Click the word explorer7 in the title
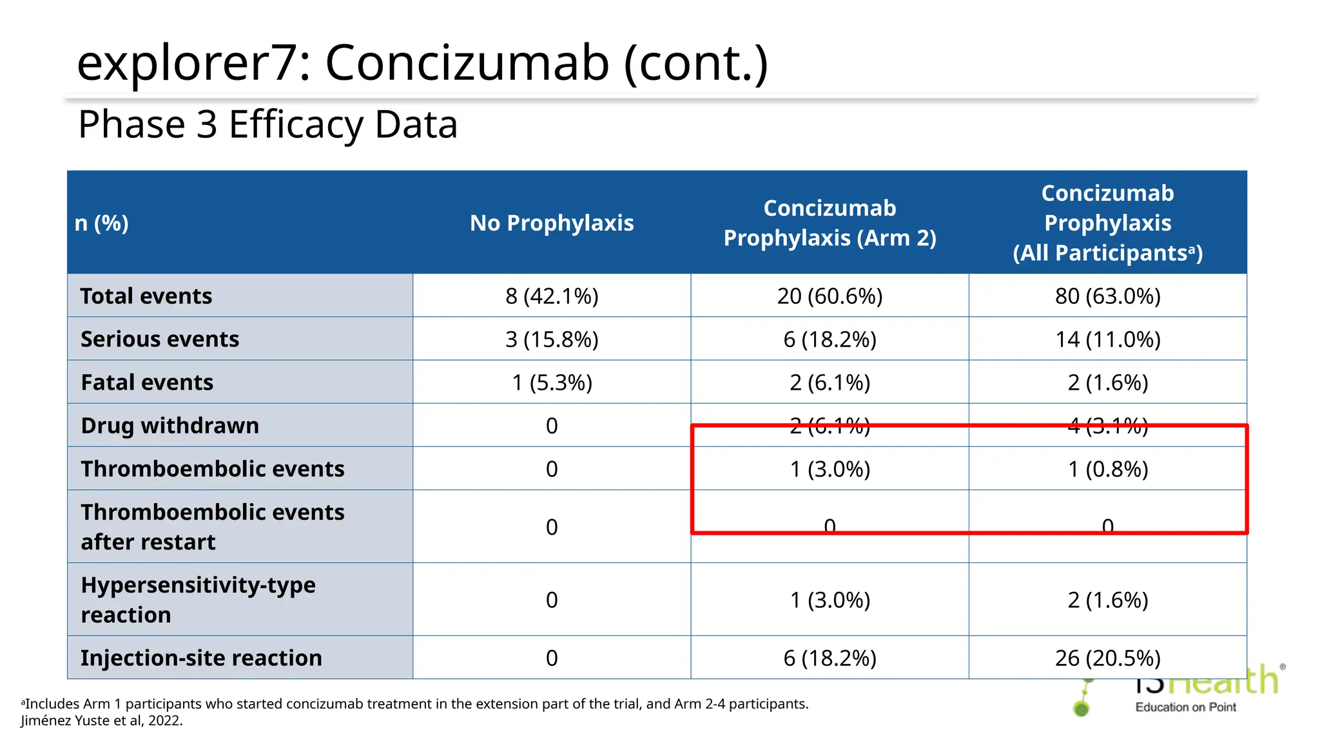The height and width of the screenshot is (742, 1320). click(189, 63)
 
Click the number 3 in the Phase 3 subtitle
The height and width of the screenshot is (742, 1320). click(207, 124)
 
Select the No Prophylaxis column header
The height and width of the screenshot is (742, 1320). click(552, 223)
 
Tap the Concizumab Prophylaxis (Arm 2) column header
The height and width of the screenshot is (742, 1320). click(830, 223)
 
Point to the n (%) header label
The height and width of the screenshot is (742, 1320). click(102, 223)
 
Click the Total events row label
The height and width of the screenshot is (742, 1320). click(146, 296)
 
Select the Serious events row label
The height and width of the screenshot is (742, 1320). click(160, 339)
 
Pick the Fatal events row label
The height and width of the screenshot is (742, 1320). click(147, 382)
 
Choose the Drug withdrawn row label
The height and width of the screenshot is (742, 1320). click(170, 425)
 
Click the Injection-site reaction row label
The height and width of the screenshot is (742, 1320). click(201, 658)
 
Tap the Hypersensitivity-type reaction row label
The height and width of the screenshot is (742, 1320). click(198, 599)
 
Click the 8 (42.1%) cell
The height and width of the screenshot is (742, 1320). click(552, 296)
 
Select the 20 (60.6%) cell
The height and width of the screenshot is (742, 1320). click(830, 296)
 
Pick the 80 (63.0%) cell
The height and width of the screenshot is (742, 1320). click(1107, 296)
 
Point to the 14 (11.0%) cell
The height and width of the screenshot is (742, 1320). click(1107, 339)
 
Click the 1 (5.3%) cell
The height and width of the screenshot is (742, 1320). click(552, 382)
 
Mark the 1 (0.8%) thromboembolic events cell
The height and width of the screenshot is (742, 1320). click(1107, 469)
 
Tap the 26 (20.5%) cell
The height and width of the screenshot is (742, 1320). click(1107, 658)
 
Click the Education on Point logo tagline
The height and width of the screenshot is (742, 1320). click(1185, 707)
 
